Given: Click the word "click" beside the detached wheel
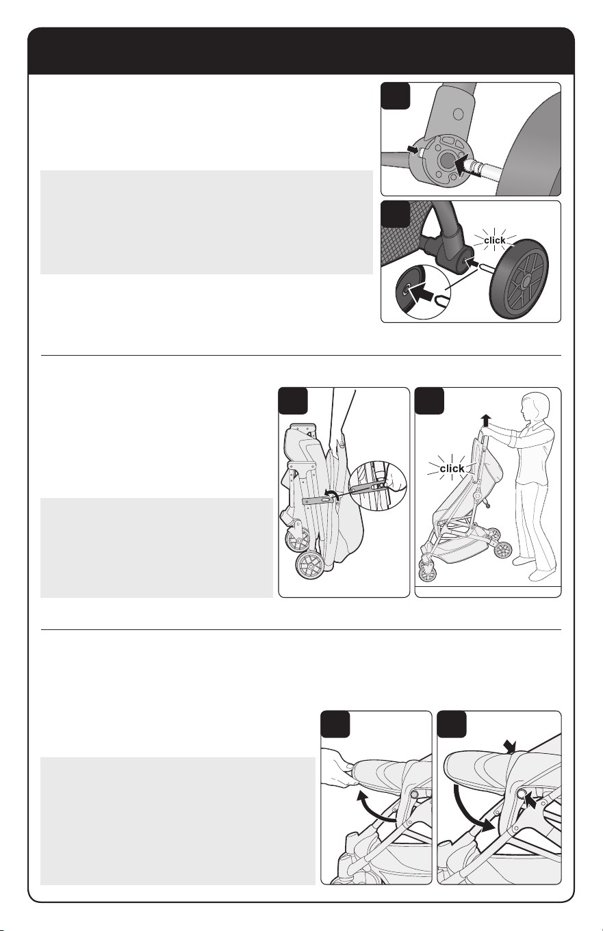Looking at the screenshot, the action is [494, 240].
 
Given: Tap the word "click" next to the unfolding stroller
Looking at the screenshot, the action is [452, 469].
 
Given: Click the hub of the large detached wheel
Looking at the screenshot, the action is [526, 281].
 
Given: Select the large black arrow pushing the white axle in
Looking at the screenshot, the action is [465, 165].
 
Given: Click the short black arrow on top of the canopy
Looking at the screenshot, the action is [511, 746].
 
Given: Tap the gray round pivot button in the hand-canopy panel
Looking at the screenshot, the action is [413, 794].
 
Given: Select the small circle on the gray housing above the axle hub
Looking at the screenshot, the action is [458, 113].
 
